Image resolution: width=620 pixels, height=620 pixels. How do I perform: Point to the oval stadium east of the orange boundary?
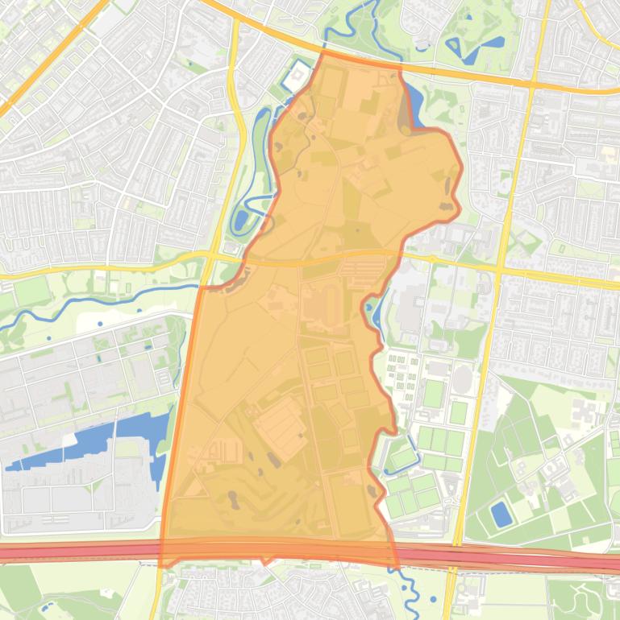point(462,378)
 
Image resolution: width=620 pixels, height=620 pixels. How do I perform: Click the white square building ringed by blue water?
point(298,74)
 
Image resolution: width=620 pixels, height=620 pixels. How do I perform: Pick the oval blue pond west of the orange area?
point(241,218)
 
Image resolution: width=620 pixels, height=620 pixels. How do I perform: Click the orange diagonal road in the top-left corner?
point(48,56)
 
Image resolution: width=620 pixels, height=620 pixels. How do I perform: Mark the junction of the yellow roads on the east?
point(500,267)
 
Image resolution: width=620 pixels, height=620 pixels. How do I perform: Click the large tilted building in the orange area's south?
point(281,428)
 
